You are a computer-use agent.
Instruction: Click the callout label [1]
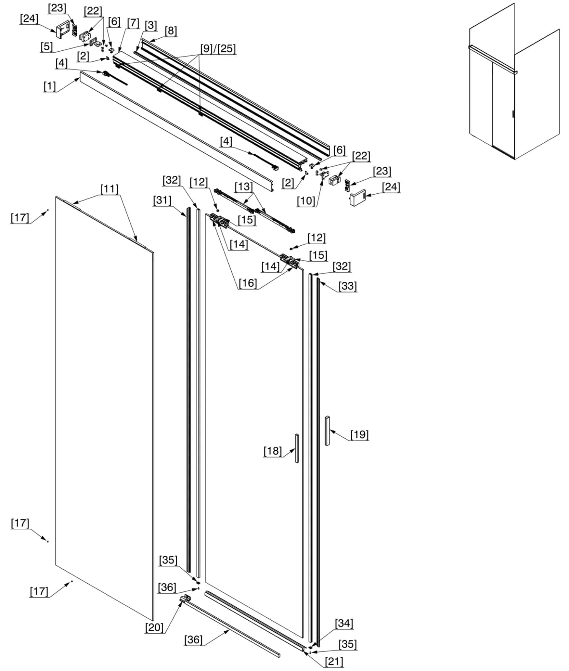tap(50, 86)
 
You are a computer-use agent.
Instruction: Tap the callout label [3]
tap(151, 26)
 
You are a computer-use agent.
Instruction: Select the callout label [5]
tap(46, 47)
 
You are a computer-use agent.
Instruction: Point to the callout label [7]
tap(133, 23)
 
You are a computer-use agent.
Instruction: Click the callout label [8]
tap(171, 31)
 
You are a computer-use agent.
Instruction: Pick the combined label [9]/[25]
tap(218, 49)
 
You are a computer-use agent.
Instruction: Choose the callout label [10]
tap(305, 201)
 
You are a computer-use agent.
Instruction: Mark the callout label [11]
tap(109, 189)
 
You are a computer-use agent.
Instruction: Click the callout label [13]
tap(243, 187)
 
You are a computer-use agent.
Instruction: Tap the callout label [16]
tap(248, 283)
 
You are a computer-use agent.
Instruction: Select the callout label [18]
tap(272, 451)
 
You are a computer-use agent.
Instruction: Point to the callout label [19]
tap(360, 435)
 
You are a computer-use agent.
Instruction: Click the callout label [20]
tap(154, 628)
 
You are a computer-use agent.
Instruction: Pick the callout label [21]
tap(334, 662)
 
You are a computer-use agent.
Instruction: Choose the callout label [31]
tap(162, 201)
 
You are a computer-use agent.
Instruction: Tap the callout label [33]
tap(347, 286)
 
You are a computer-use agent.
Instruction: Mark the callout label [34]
tap(344, 624)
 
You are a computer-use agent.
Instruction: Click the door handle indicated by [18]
tap(297, 448)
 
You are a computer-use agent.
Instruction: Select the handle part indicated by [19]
tap(327, 431)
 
